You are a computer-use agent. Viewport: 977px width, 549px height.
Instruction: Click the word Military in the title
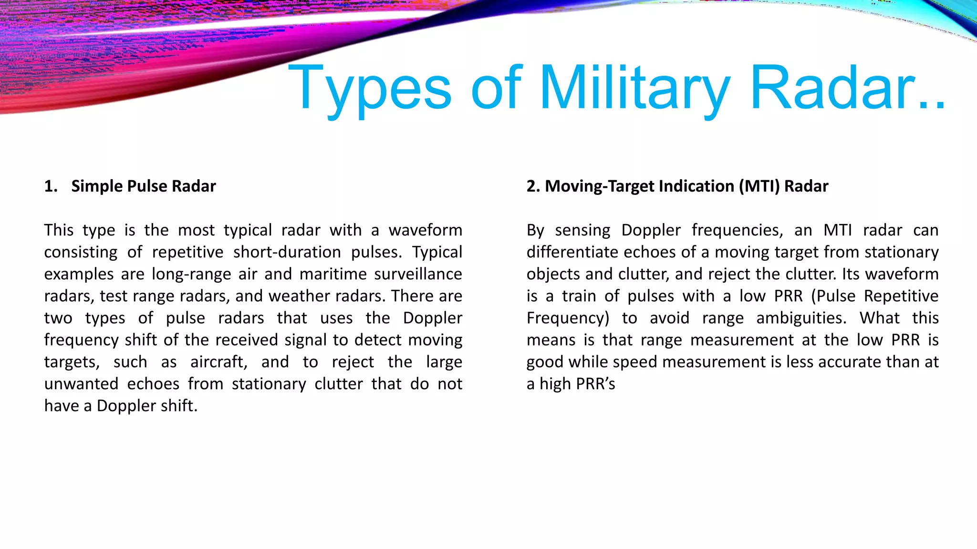(x=634, y=88)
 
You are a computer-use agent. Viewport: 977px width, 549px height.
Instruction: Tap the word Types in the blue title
(x=370, y=88)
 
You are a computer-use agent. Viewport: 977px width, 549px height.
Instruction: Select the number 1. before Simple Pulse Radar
(x=51, y=186)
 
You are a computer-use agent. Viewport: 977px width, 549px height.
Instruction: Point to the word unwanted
(x=81, y=384)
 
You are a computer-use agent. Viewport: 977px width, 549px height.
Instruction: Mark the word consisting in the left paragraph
(x=81, y=252)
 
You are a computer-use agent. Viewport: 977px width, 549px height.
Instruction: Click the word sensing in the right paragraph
(x=582, y=230)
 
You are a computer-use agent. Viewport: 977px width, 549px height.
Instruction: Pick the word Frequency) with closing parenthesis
(x=568, y=318)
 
